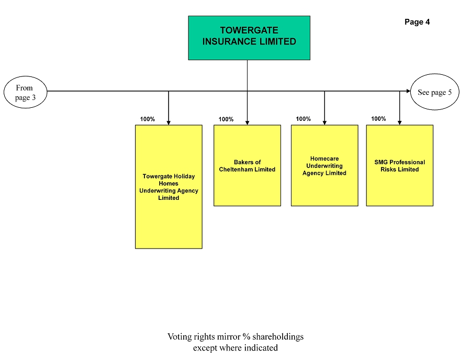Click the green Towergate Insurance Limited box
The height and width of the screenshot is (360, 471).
[249, 38]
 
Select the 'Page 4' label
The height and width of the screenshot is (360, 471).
[417, 22]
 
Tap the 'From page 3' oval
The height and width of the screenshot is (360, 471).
[26, 92]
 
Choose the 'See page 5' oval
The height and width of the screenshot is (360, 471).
[435, 92]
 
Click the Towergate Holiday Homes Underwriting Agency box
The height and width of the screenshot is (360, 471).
[169, 187]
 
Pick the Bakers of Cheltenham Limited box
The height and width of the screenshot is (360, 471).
[247, 165]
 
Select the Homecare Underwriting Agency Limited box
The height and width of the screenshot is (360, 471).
[324, 165]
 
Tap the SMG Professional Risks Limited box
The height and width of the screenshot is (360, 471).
[399, 165]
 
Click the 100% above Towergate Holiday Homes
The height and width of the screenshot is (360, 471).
[148, 119]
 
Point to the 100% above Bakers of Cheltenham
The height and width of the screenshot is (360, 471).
[226, 119]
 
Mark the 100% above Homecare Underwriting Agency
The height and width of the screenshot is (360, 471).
[304, 119]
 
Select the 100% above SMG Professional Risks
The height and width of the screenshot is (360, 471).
[378, 119]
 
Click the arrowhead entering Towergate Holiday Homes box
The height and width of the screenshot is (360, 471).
[169, 123]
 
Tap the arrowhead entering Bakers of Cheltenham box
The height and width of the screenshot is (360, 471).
[247, 123]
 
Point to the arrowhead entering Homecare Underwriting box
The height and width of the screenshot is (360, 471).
[324, 123]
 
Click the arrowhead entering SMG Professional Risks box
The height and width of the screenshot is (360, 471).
[399, 123]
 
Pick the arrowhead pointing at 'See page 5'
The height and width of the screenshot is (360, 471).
[408, 91]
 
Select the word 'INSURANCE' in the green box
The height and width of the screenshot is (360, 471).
[230, 41]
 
